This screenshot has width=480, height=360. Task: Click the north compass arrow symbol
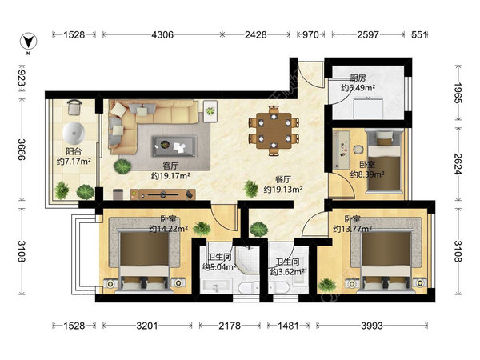pos(29,42)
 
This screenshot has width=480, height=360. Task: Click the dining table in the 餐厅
pos(274,130)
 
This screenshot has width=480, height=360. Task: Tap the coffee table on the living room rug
pos(174,146)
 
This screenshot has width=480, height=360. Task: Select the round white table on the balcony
pos(74,133)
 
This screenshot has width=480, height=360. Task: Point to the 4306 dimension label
pos(162,35)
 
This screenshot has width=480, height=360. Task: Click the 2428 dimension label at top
pos(255,35)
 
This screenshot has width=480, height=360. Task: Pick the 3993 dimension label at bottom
pos(372,326)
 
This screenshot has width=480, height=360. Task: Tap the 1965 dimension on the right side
pos(458,93)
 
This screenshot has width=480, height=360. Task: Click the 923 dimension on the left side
pos(22,78)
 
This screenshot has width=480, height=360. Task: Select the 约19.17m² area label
pos(170,176)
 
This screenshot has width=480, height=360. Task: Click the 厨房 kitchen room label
pos(358,78)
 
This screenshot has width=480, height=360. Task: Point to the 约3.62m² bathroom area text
pos(287,271)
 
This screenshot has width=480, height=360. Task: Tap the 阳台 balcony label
pos(74,151)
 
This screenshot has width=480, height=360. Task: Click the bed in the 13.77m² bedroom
pos(386,261)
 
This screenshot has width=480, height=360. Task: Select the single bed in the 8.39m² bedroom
pos(385,162)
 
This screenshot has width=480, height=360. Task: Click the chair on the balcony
pos(74,107)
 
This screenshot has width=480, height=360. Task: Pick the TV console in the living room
pos(163,194)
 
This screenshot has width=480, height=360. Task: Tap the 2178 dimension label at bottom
pos(230,326)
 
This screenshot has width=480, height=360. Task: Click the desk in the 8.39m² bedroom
pos(342,150)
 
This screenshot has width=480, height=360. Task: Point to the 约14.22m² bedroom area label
pos(168,229)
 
